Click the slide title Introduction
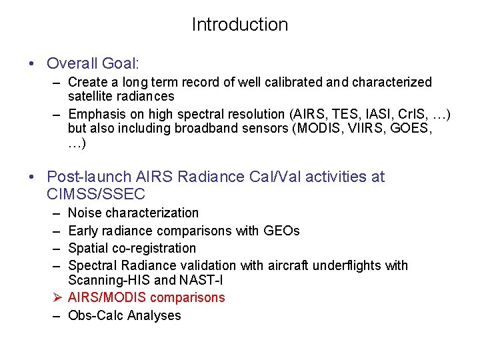tap(240, 25)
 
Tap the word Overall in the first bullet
tap(72, 63)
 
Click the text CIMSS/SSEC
tap(96, 195)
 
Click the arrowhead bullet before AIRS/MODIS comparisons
tap(57, 297)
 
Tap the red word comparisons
tap(188, 297)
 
